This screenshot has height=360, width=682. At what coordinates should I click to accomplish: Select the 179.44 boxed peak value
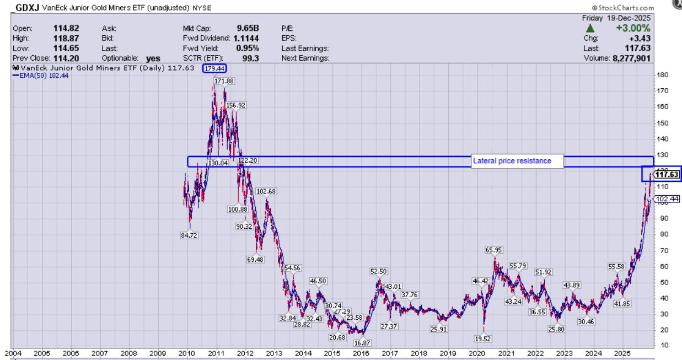pyautogui.click(x=214, y=68)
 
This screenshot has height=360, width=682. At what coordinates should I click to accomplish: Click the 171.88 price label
pyautogui.click(x=224, y=81)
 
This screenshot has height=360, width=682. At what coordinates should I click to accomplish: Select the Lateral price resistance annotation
pyautogui.click(x=517, y=161)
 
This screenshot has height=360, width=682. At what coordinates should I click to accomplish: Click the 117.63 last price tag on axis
pyautogui.click(x=668, y=175)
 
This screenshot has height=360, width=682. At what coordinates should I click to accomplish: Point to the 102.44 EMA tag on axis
pyautogui.click(x=668, y=199)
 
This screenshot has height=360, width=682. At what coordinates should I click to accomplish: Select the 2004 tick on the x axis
pyautogui.click(x=13, y=353)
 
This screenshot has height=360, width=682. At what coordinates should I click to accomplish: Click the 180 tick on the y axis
pyautogui.click(x=662, y=75)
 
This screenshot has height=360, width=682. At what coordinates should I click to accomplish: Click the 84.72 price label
pyautogui.click(x=189, y=235)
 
